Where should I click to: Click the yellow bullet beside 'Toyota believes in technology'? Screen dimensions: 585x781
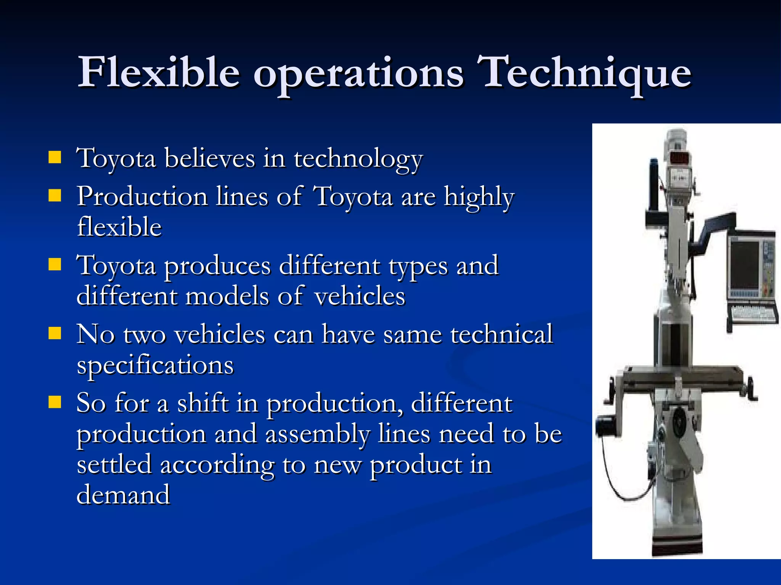coord(55,157)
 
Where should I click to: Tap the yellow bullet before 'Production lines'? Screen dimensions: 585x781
coord(55,196)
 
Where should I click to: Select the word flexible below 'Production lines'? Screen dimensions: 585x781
coord(119,227)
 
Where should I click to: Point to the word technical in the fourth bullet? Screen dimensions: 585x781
coord(501,334)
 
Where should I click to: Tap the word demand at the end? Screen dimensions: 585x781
coord(123,495)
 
